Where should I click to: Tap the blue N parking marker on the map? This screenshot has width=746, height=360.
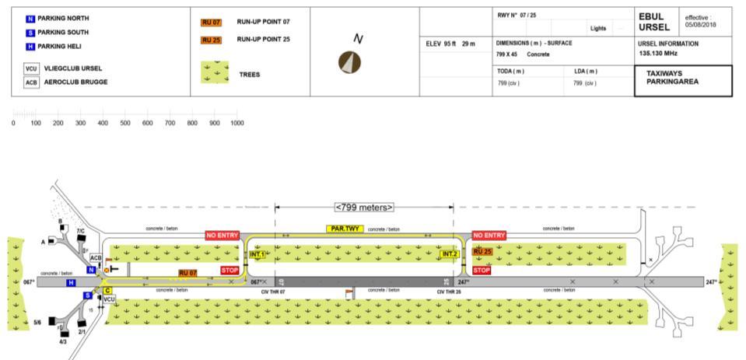[91, 270]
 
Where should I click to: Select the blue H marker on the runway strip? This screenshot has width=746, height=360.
[72, 282]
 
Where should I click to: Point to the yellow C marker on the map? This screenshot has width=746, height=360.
[108, 290]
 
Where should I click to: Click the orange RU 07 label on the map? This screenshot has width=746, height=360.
[187, 273]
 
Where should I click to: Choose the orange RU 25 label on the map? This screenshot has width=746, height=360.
[482, 252]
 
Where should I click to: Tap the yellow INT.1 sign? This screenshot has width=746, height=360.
[257, 254]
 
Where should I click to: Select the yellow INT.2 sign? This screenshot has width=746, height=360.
[449, 254]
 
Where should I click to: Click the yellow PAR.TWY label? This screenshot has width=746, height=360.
[343, 229]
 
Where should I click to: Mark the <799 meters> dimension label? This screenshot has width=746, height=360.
[364, 208]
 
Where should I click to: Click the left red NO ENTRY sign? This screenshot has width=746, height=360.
[222, 235]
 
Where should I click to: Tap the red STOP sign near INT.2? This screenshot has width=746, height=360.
[482, 271]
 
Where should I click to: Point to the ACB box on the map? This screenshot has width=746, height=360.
[96, 258]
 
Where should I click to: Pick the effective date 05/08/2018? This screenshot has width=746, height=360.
[701, 23]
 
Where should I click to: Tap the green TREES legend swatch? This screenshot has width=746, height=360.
[215, 73]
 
